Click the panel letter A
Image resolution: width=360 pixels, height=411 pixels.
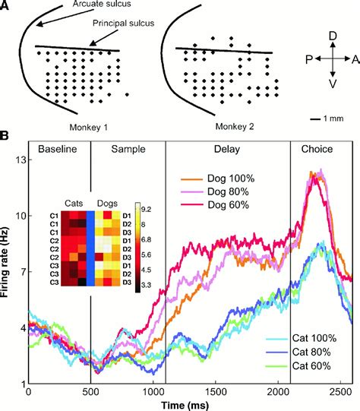[x=6, y=6]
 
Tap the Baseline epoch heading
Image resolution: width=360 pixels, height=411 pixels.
[x=58, y=150]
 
